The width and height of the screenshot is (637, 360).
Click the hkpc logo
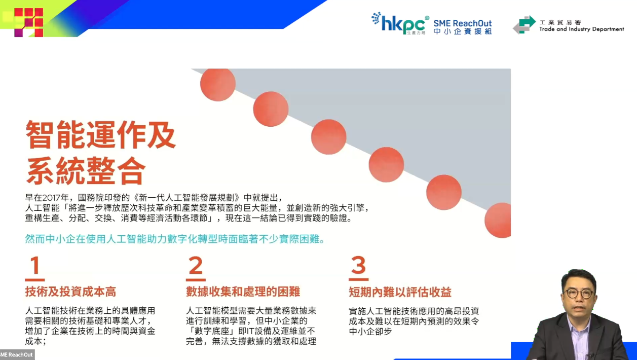[x=400, y=23]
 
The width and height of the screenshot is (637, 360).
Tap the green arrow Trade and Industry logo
[x=524, y=25]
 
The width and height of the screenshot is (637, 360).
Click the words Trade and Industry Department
[x=582, y=29]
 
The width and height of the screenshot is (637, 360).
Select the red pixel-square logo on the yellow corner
[x=29, y=22]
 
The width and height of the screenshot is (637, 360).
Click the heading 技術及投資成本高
[x=70, y=292]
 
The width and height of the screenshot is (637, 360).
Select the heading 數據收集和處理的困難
[x=243, y=292]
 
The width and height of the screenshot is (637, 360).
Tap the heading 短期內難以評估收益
[x=400, y=292]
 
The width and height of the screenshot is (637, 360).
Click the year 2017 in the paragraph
[x=52, y=198]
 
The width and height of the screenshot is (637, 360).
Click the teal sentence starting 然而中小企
[x=175, y=239]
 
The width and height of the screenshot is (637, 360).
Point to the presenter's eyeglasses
[x=579, y=294]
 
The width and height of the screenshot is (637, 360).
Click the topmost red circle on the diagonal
[x=218, y=85]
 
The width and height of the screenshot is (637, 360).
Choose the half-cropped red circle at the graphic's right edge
[x=498, y=220]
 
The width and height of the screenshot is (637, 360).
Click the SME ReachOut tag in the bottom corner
[x=17, y=354]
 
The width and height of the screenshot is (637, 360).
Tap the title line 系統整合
[x=86, y=171]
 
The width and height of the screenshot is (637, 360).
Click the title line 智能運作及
[x=100, y=134]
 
